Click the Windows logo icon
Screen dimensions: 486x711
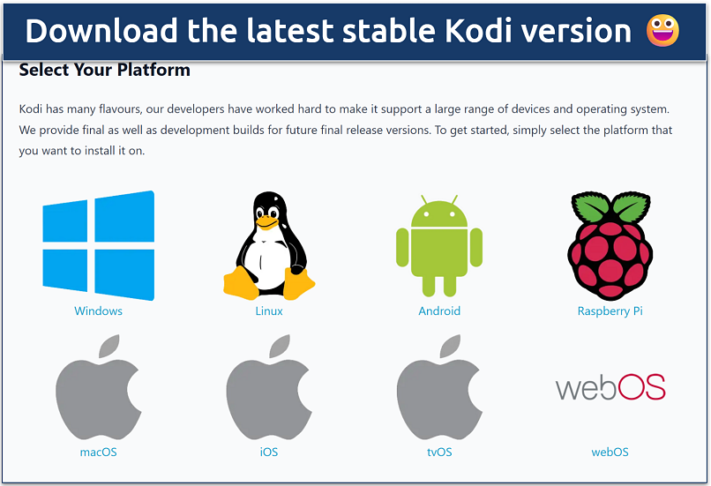pyautogui.click(x=98, y=246)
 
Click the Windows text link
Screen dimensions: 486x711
pyautogui.click(x=98, y=311)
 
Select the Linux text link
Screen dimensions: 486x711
pyautogui.click(x=269, y=311)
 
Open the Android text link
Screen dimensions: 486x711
pyautogui.click(x=439, y=311)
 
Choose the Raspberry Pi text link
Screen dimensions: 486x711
pyautogui.click(x=610, y=311)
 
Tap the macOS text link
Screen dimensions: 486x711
pyautogui.click(x=98, y=452)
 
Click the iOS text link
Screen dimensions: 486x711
pyautogui.click(x=269, y=452)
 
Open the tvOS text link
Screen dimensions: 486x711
pyautogui.click(x=439, y=452)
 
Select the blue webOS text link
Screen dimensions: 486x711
pyautogui.click(x=610, y=452)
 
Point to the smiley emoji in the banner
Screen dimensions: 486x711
pyautogui.click(x=663, y=32)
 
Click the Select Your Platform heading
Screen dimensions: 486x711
pyautogui.click(x=104, y=70)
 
